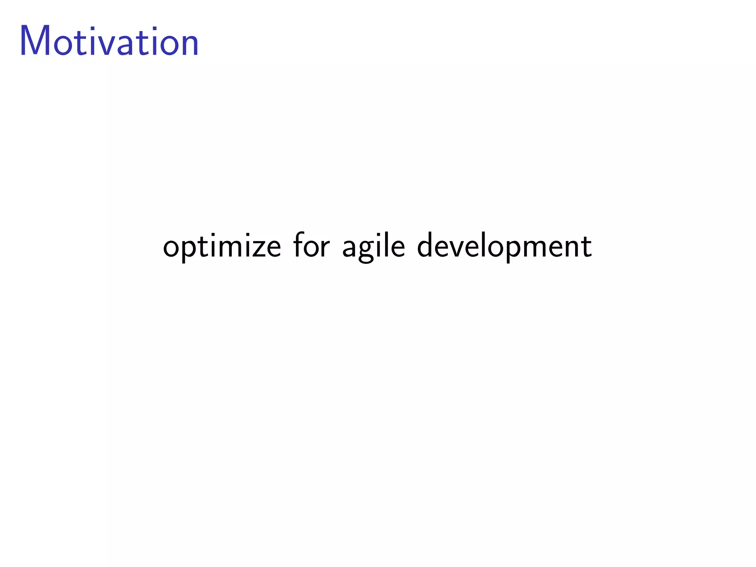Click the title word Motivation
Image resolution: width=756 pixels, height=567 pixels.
coord(109,41)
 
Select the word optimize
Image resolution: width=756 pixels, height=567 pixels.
coord(222,247)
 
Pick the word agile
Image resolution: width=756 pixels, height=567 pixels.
coord(374,247)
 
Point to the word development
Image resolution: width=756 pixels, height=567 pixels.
coord(504,247)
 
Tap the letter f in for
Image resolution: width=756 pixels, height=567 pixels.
coord(298,244)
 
